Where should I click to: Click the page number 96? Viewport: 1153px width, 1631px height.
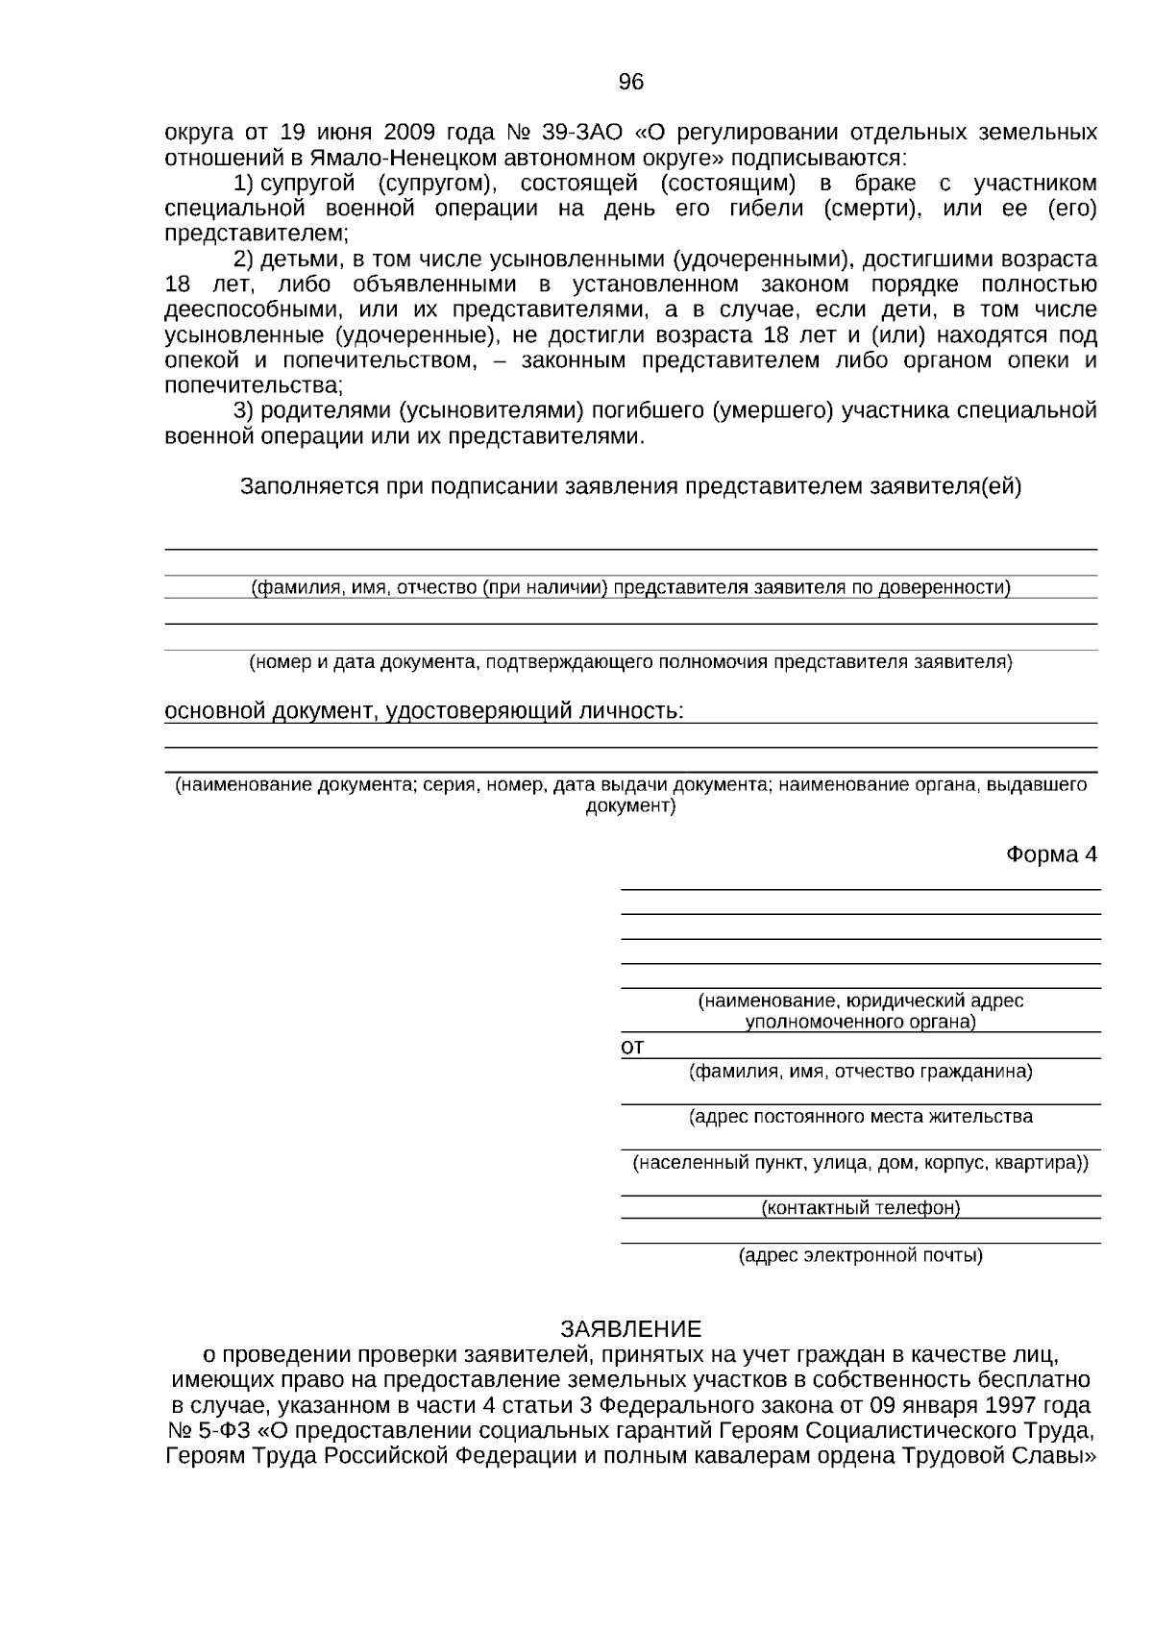630,83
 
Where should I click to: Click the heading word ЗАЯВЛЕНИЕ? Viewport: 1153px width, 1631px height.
630,1329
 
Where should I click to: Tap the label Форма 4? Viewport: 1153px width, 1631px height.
1051,854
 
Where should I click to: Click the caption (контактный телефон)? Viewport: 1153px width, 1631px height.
861,1208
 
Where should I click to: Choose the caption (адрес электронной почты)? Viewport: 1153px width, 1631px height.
861,1255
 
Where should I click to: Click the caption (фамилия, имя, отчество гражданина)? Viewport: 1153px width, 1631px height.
861,1071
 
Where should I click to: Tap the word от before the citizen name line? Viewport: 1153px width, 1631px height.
632,1047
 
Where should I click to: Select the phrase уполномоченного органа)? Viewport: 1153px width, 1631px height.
861,1022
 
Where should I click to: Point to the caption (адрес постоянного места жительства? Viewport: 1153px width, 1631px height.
861,1117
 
